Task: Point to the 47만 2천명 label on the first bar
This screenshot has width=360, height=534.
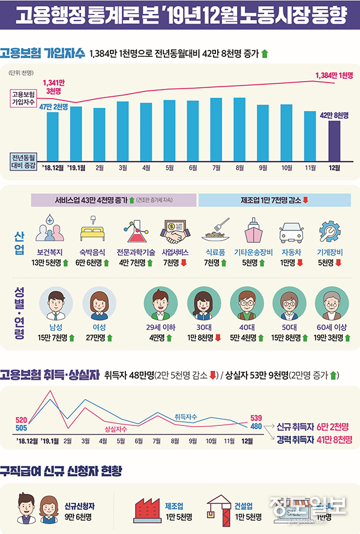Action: pos(53,106)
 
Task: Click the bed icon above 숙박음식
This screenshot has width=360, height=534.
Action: pos(91,230)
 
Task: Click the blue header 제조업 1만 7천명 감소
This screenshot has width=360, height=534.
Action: pos(274,200)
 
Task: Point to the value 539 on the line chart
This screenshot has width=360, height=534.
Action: pos(256,418)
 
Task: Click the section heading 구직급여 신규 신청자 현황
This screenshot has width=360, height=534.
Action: pos(61,470)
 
